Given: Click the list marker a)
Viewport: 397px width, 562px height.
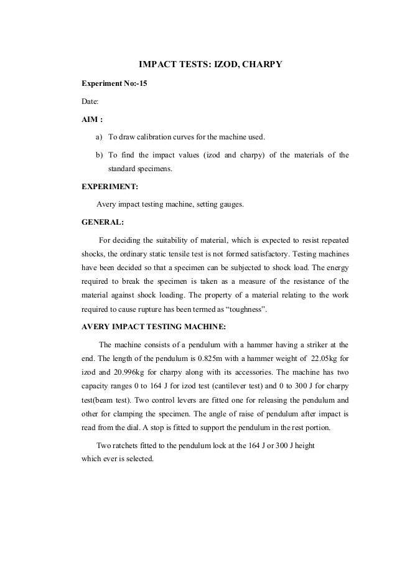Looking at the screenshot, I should tap(99, 136).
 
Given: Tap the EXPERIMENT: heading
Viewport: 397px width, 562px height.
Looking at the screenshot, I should tap(110, 185).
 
